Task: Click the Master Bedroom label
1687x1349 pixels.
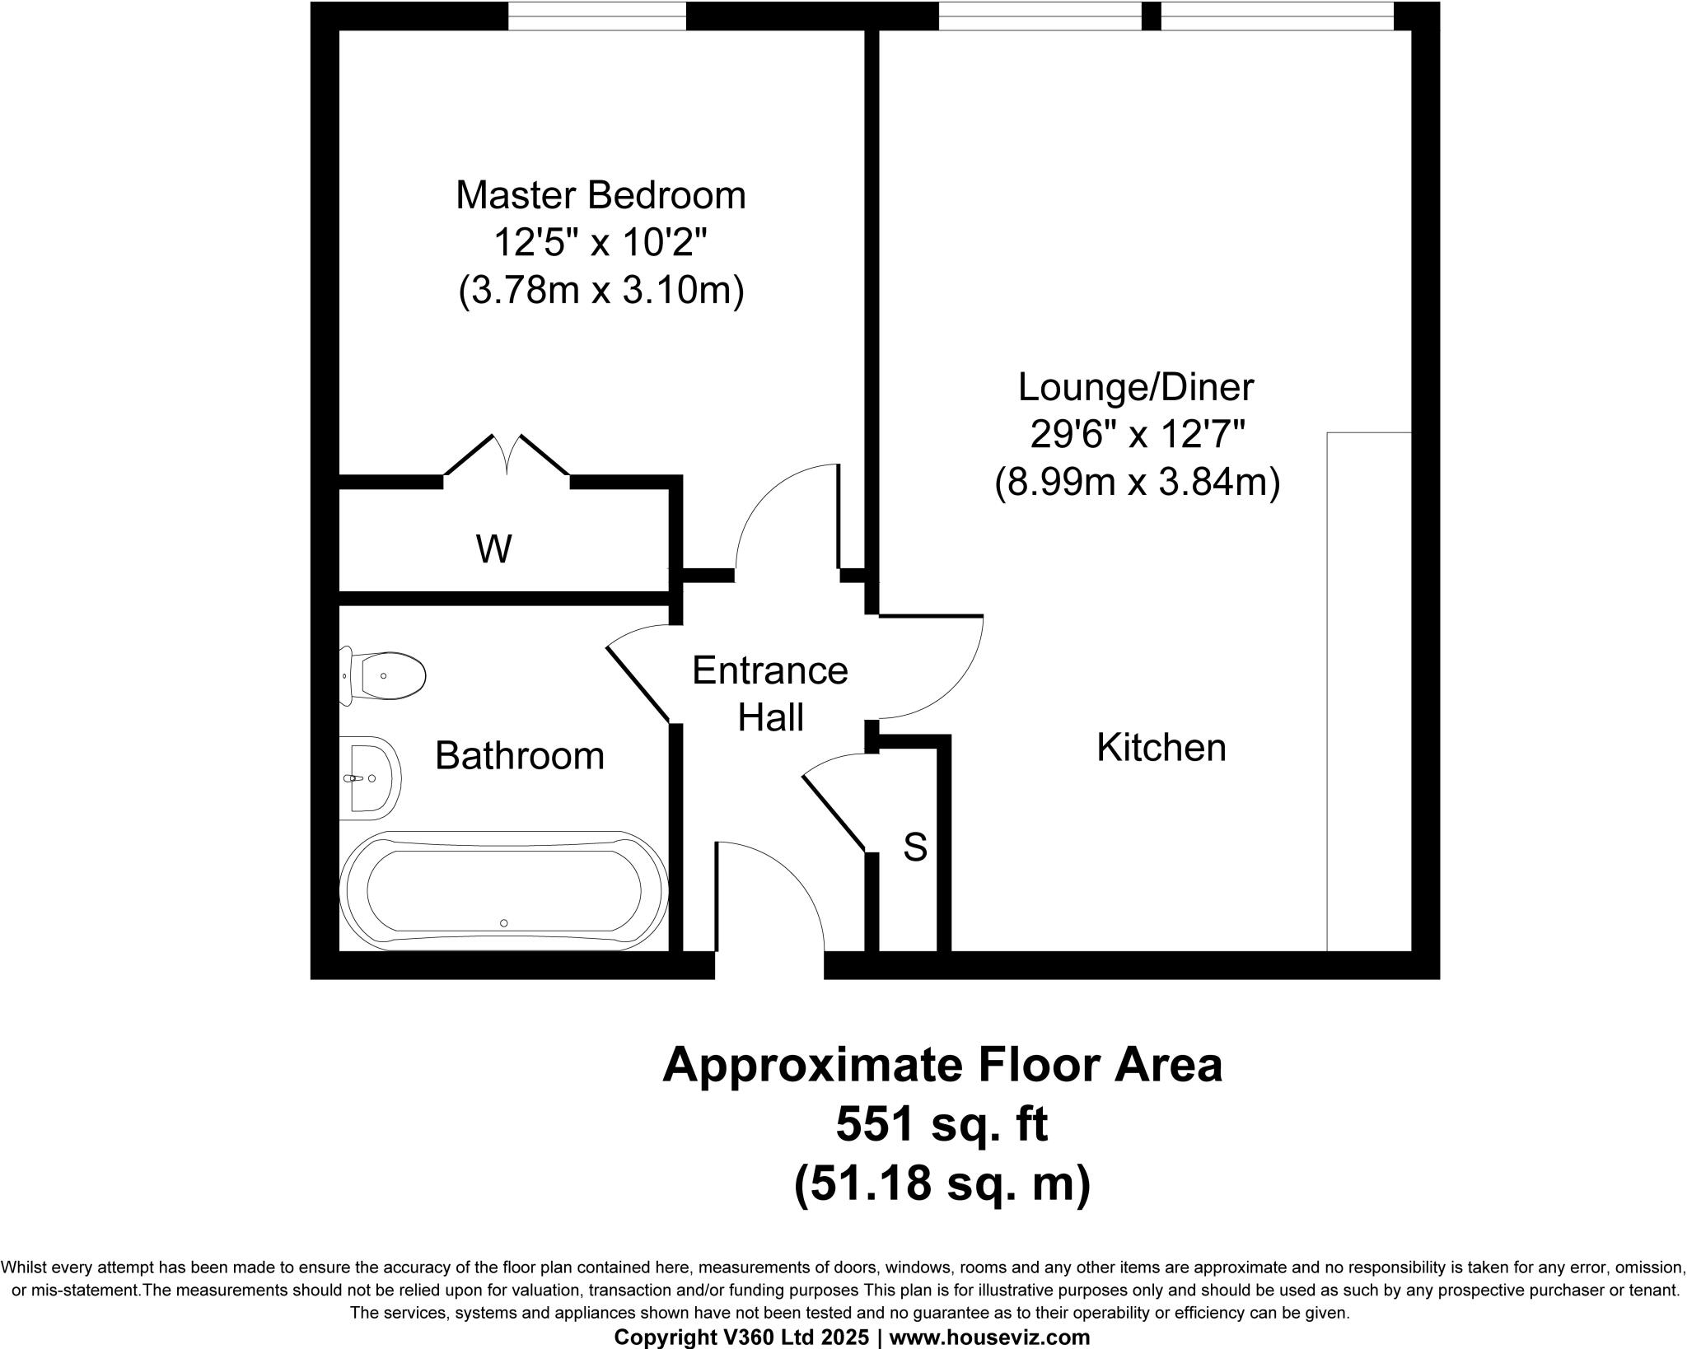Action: coord(600,196)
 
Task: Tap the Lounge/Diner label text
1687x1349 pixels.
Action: coord(1136,388)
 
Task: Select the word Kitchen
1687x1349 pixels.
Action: coord(1161,748)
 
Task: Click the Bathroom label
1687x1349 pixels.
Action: coord(519,755)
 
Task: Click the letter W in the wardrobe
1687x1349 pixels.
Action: coord(493,548)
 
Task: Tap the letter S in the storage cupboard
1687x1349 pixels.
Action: coord(915,847)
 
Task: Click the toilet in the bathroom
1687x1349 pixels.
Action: coord(386,676)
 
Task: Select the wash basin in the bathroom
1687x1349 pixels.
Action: coord(370,777)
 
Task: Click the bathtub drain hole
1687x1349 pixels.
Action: coord(504,923)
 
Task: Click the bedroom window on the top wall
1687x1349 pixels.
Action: coord(596,15)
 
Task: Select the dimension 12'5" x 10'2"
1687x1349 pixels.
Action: coord(600,244)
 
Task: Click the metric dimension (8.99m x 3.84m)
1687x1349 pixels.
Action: coord(1137,483)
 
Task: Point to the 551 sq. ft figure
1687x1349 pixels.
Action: coord(942,1124)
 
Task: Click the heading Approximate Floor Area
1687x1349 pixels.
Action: coord(942,1064)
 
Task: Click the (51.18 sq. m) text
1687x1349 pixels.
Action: coord(942,1185)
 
